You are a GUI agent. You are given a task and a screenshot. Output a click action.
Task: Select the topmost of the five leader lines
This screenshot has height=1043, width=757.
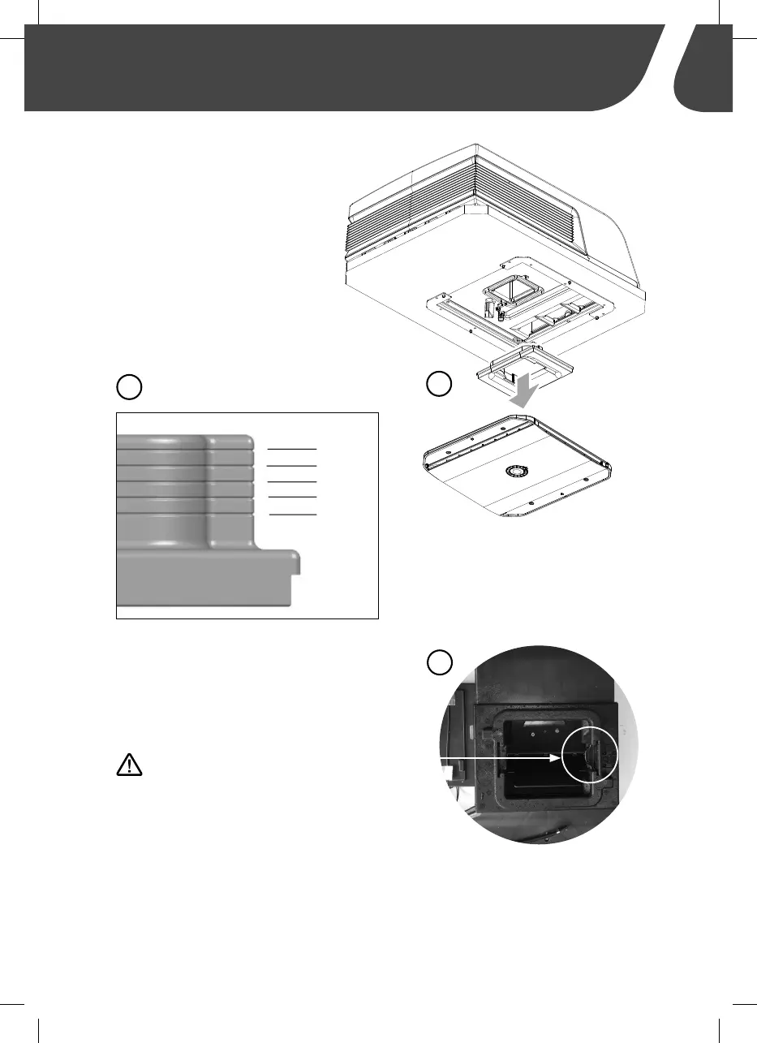click(292, 447)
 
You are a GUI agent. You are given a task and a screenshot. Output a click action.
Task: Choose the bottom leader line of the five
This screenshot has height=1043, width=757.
click(292, 515)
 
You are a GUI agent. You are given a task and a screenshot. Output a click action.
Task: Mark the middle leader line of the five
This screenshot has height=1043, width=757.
click(292, 481)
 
